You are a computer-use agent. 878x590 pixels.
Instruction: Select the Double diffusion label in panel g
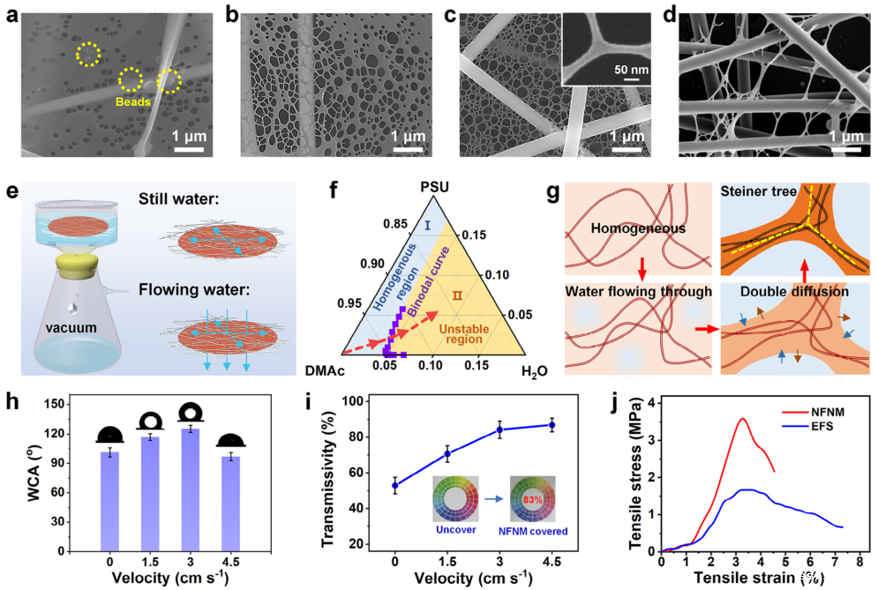click(779, 290)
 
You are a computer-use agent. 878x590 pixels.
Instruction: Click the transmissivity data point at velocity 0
click(394, 485)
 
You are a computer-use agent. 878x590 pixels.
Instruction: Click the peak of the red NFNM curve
click(743, 419)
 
